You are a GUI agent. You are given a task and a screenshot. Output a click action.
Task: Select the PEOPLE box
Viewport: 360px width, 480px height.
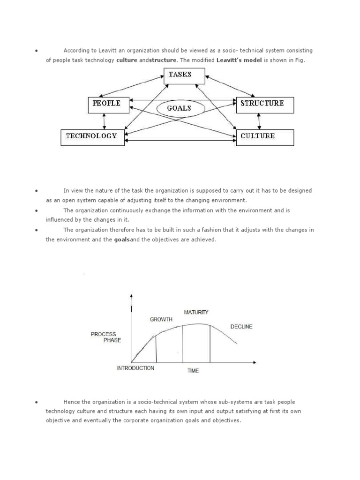pyautogui.click(x=107, y=105)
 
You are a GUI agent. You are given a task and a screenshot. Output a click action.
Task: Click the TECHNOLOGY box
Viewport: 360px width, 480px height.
pyautogui.click(x=93, y=137)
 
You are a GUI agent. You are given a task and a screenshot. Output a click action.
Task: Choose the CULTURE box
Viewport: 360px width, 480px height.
pyautogui.click(x=265, y=137)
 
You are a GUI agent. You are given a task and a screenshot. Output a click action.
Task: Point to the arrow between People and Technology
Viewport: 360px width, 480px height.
pyautogui.click(x=104, y=121)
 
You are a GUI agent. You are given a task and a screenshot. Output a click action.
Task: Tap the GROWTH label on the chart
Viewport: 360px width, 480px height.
pyautogui.click(x=161, y=319)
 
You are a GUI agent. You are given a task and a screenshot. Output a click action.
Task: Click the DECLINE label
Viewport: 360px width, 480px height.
pyautogui.click(x=241, y=327)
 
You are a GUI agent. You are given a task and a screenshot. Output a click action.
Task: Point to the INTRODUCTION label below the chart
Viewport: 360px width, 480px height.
pyautogui.click(x=135, y=368)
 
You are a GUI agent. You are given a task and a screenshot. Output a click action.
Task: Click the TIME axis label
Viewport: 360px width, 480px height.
pyautogui.click(x=193, y=371)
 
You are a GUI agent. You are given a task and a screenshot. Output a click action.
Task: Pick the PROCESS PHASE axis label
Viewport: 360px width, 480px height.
pyautogui.click(x=105, y=337)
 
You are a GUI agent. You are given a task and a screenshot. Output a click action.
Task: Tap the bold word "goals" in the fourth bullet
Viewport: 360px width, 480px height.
pyautogui.click(x=121, y=240)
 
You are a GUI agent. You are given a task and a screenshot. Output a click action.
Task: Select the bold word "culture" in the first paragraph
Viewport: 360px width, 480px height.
pyautogui.click(x=127, y=60)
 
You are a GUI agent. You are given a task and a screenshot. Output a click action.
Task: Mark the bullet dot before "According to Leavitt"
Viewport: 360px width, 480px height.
pyautogui.click(x=36, y=51)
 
